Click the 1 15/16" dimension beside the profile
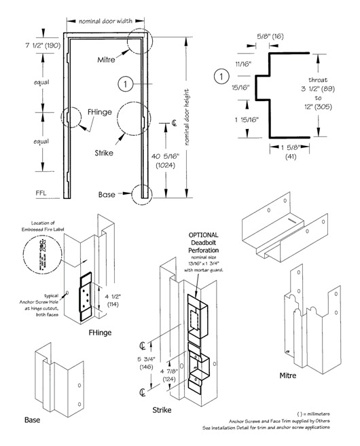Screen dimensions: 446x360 [240, 119]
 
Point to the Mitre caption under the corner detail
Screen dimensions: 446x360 [291, 375]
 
